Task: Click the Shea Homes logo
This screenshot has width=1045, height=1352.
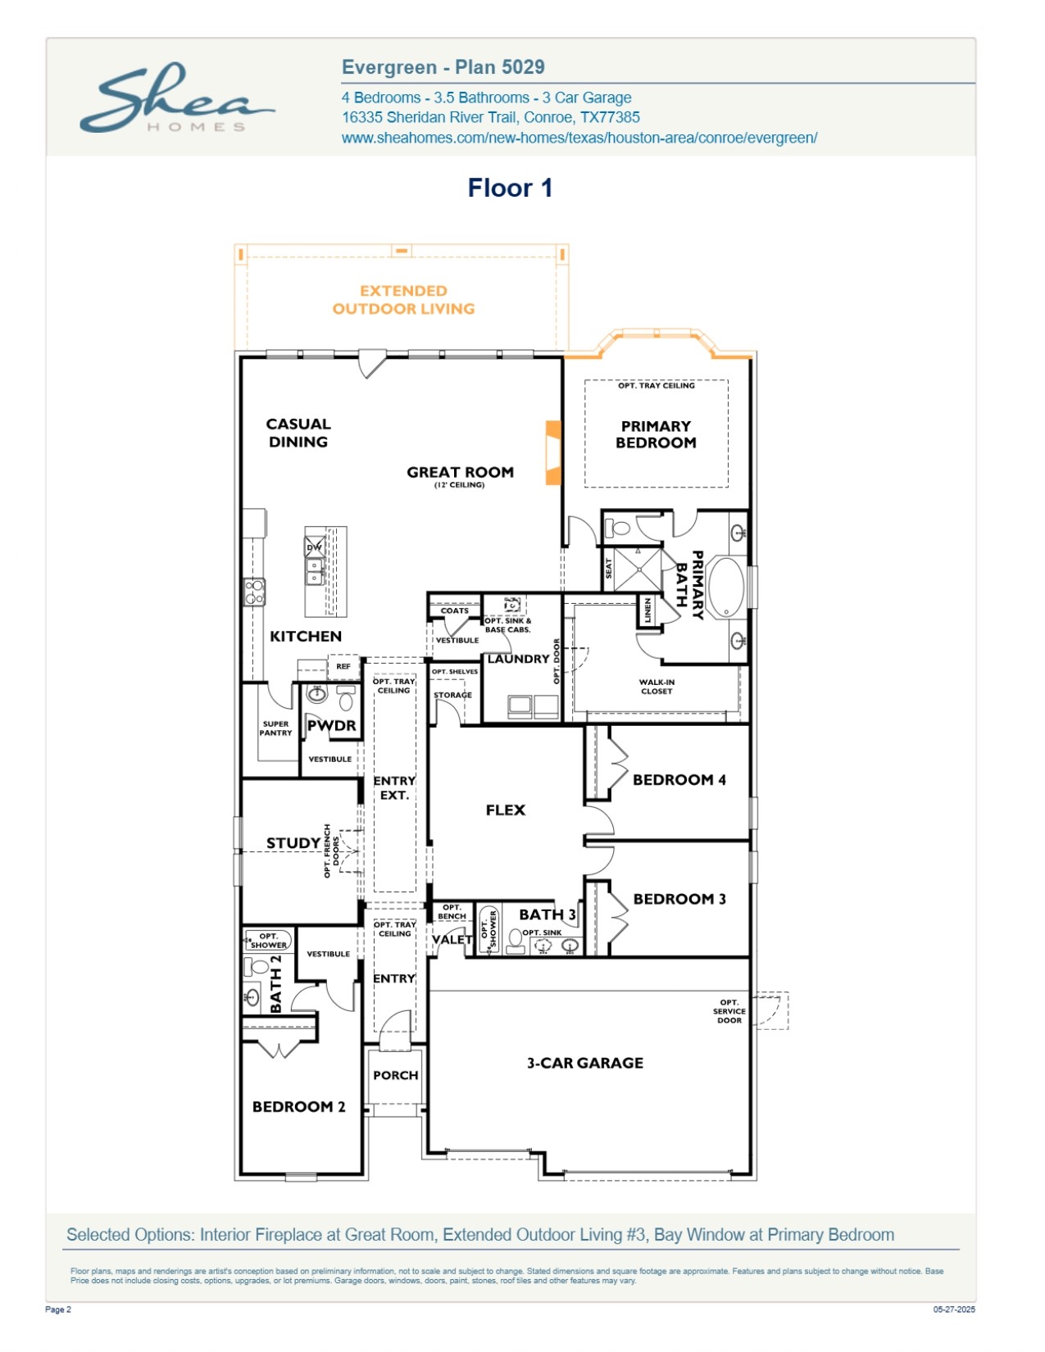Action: click(177, 98)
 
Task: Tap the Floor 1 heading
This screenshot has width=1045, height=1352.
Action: click(510, 188)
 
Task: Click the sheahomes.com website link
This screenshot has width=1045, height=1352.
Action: click(579, 138)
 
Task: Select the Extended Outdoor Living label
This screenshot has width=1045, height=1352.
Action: click(403, 300)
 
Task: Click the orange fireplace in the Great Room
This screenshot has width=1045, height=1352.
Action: click(553, 452)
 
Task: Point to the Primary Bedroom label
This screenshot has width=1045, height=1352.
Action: click(656, 434)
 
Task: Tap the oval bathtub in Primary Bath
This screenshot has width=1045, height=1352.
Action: click(725, 587)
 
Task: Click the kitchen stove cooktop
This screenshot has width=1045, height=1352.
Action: click(254, 592)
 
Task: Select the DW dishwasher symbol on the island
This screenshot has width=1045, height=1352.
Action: click(314, 547)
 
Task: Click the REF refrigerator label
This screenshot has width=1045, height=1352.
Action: click(343, 666)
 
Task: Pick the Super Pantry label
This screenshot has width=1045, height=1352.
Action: click(275, 728)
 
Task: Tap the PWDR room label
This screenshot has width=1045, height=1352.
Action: click(332, 726)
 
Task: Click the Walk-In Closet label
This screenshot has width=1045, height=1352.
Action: click(657, 687)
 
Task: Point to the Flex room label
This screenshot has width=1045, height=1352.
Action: click(506, 810)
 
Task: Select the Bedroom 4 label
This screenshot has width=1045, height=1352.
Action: click(679, 780)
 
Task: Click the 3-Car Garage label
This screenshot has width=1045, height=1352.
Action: click(585, 1063)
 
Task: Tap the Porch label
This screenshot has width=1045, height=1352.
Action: click(396, 1075)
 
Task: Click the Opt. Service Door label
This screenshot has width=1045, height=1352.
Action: click(729, 1011)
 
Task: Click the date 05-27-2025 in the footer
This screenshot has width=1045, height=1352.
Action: click(954, 1309)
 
